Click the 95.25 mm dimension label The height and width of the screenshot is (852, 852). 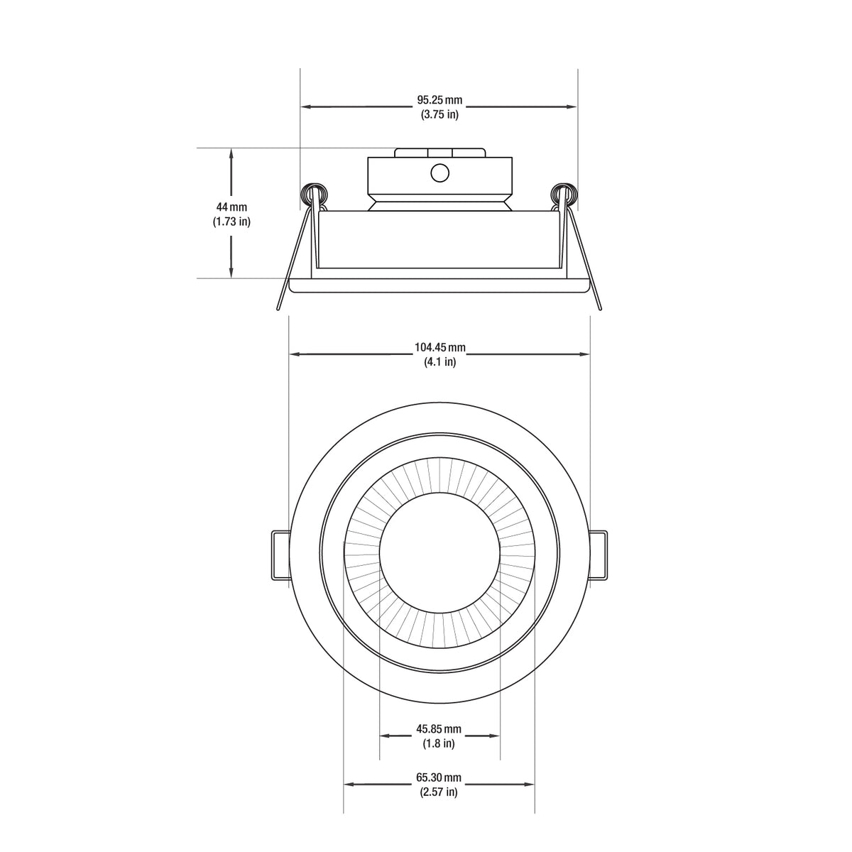click(x=439, y=100)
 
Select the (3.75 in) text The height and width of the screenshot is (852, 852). click(x=439, y=114)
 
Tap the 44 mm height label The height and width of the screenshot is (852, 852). click(x=231, y=207)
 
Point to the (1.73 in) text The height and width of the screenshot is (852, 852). click(x=231, y=222)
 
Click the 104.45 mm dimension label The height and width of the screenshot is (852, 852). click(x=439, y=347)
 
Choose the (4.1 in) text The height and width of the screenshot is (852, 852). click(x=439, y=361)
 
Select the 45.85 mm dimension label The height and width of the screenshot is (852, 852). click(x=439, y=729)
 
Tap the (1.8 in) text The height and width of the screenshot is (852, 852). click(x=439, y=743)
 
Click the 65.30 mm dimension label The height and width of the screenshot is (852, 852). click(x=439, y=777)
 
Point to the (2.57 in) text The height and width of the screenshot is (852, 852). click(x=439, y=792)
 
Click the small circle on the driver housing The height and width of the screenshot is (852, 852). click(x=439, y=173)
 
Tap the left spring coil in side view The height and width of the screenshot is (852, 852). click(x=313, y=194)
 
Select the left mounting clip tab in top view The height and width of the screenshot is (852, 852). click(x=280, y=555)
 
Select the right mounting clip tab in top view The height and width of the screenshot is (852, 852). click(x=599, y=555)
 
